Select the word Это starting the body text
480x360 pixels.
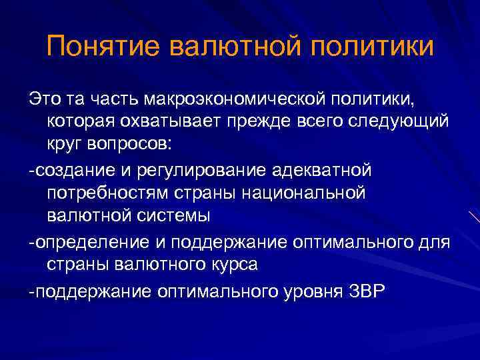pos(43,99)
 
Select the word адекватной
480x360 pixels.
pos(322,170)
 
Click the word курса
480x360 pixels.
pos(234,265)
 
